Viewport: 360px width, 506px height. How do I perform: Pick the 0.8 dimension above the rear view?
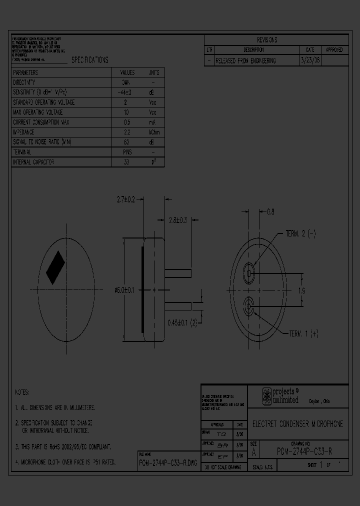tap(270, 212)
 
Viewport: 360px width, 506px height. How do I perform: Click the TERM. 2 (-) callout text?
tap(300, 233)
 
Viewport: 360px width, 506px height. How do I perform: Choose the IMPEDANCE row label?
tap(23, 132)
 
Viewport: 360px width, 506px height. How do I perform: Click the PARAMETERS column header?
tap(25, 72)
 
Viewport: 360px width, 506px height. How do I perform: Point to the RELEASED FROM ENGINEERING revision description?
tap(245, 60)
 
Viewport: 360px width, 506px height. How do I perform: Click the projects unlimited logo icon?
tap(267, 396)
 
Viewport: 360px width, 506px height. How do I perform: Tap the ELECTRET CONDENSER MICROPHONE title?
tap(297, 424)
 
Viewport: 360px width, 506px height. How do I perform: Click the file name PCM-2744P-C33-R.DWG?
tap(168, 463)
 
